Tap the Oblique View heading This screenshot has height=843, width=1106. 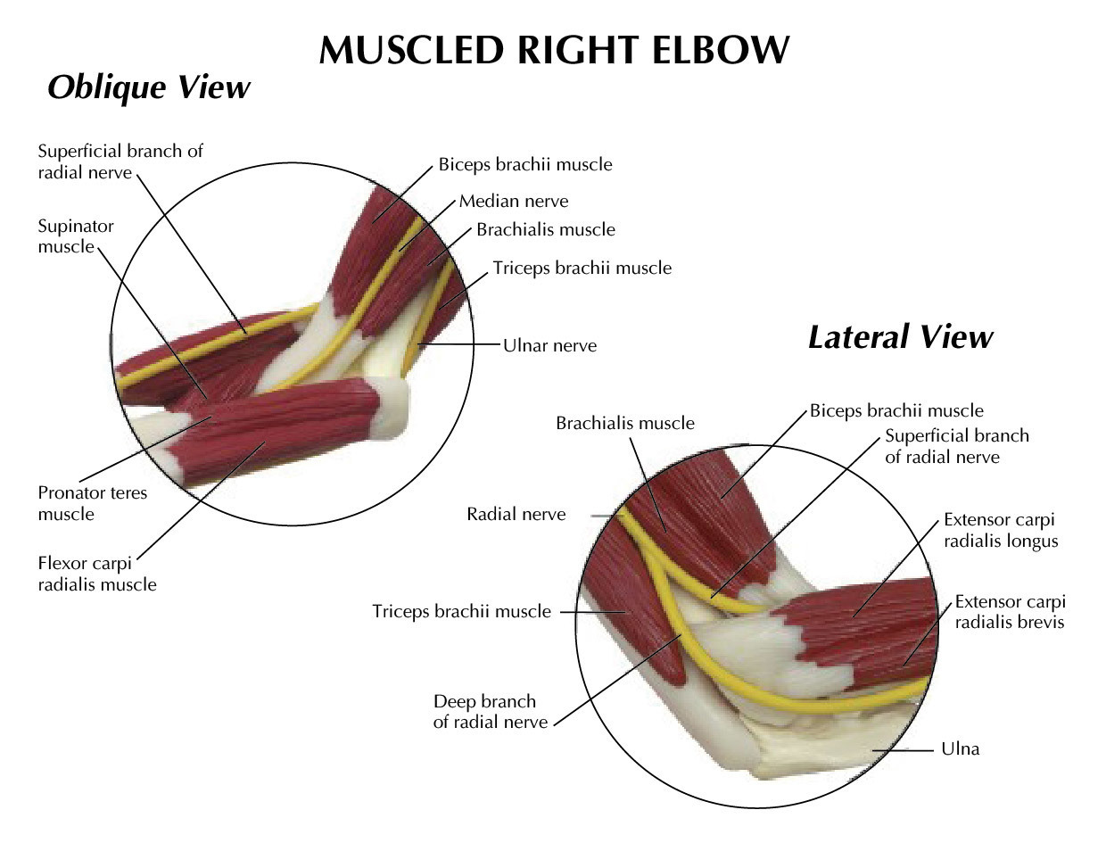pos(148,87)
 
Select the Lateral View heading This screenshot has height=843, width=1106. pos(899,337)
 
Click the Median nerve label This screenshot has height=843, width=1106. pos(513,202)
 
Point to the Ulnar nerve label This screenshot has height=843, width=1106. pos(549,345)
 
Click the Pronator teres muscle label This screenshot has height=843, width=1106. pos(92,503)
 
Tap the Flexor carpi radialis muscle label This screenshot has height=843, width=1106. pos(96,574)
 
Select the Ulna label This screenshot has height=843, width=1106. pos(960,749)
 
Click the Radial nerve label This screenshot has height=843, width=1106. pos(516,514)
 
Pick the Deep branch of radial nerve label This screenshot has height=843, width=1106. pos(490,712)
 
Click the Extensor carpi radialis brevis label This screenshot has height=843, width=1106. pos(1009,612)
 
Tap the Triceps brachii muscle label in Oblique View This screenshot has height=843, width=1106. pos(582,267)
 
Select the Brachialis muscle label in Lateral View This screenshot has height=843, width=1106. pos(624,423)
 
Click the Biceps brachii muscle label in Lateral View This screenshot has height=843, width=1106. pos(896,411)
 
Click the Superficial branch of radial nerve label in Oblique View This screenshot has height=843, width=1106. pos(120,161)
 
